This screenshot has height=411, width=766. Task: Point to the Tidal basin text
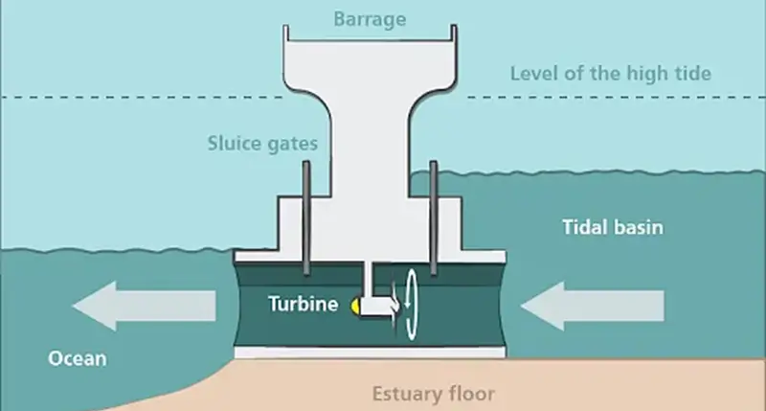point(612,229)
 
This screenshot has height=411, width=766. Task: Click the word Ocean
point(79,359)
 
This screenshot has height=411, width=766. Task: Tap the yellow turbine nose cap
point(356,306)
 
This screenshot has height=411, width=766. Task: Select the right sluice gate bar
point(434,216)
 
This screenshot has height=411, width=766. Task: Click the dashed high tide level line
point(144,97)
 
